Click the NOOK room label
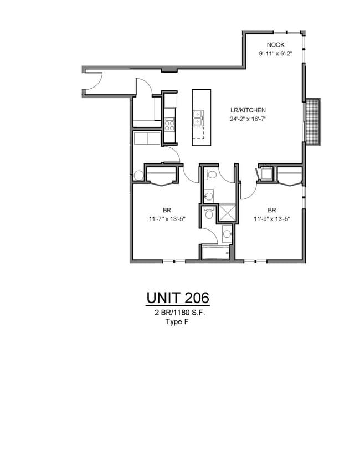coord(275,45)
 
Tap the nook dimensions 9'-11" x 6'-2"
coord(275,54)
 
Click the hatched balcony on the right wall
coord(313,121)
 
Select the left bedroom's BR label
coord(166,210)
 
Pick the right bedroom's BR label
coord(272,210)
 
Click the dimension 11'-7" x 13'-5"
coord(166,219)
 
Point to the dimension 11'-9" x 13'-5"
coord(272,219)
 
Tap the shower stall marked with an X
coord(227,212)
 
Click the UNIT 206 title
coord(178,298)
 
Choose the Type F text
coord(177,321)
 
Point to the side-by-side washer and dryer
coord(146,137)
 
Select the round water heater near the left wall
coord(138,175)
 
